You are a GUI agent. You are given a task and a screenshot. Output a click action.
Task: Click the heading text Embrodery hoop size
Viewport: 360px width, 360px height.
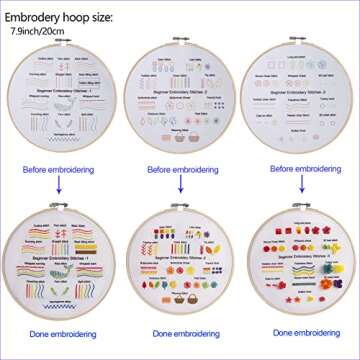point(59,17)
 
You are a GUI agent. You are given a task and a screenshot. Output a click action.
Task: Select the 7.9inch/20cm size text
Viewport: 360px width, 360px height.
point(38,31)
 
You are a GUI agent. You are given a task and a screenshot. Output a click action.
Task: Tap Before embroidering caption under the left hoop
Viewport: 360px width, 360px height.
point(57,170)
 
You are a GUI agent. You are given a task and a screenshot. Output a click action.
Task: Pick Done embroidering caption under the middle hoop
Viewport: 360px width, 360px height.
point(182,332)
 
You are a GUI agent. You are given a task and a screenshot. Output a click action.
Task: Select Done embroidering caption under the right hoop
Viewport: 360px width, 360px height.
point(304,332)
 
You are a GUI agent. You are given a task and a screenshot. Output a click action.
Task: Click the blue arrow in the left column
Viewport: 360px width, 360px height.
point(57,187)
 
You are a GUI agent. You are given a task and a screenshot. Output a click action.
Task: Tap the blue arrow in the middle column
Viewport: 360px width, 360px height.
point(181,187)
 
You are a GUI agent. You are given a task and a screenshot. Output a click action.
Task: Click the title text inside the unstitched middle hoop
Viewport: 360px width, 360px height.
point(180,90)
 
